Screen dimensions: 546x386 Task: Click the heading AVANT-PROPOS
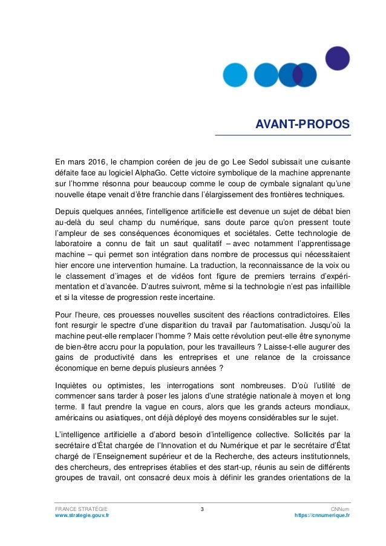(x=303, y=125)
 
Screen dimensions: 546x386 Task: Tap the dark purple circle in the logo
(x=338, y=59)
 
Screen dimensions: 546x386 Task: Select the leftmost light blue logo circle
(x=235, y=75)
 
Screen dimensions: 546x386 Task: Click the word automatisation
(x=290, y=326)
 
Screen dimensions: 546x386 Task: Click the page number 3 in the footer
(x=202, y=509)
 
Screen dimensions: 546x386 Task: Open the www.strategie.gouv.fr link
(x=82, y=517)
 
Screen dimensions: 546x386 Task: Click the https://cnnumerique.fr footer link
(x=321, y=517)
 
